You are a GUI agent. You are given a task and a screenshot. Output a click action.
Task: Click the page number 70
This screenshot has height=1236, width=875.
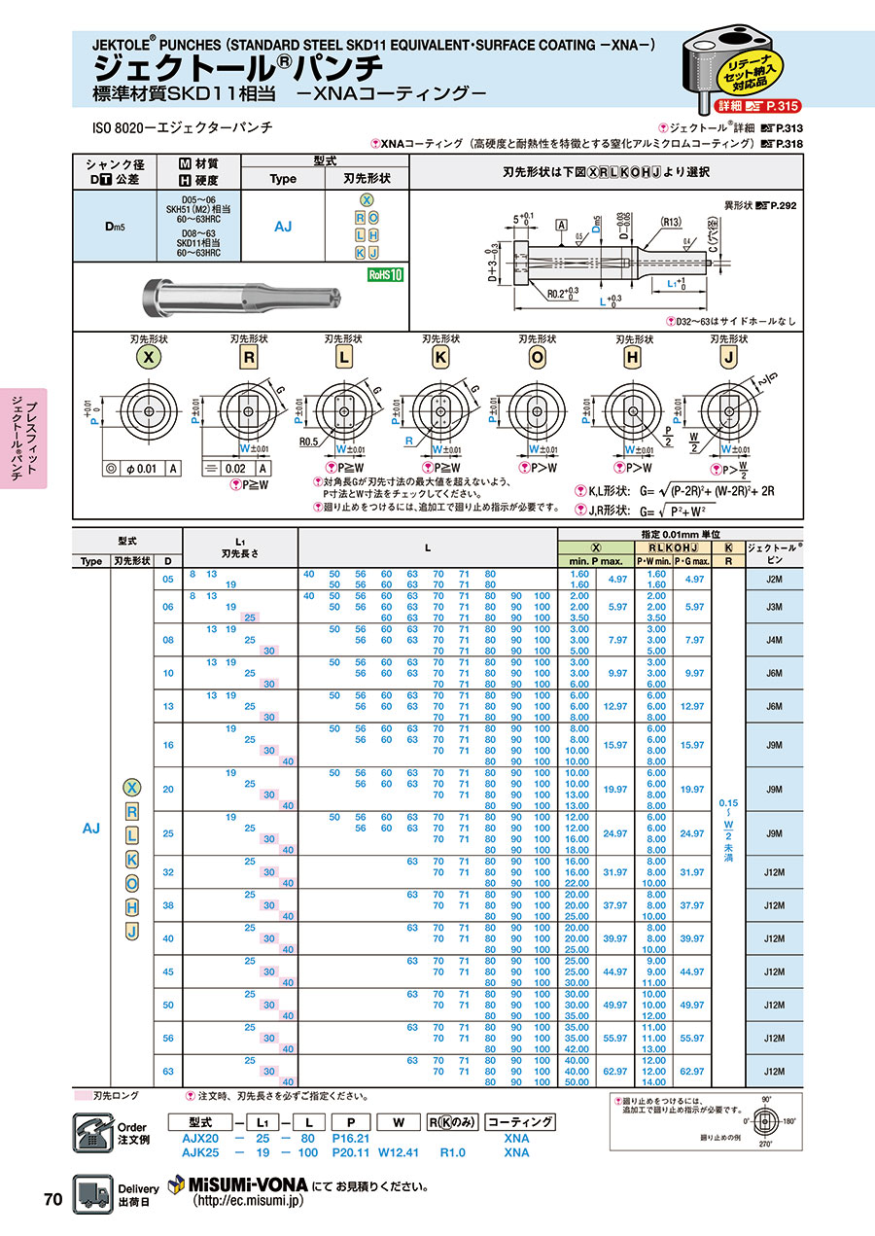click(x=52, y=1199)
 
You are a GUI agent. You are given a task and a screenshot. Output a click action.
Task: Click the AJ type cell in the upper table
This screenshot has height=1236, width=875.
click(x=283, y=226)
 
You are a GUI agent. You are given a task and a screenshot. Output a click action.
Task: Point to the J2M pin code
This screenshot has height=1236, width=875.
click(x=774, y=581)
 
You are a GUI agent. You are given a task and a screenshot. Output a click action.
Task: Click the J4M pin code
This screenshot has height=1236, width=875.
click(x=774, y=640)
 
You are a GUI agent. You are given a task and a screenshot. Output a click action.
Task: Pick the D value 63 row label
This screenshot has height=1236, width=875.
click(x=169, y=1071)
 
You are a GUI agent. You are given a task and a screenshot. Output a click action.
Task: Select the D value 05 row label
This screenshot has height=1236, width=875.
click(x=169, y=581)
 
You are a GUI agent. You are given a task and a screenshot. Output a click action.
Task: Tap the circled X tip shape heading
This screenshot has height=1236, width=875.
click(x=148, y=357)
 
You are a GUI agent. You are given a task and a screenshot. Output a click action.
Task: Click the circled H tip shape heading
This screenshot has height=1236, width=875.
click(x=633, y=357)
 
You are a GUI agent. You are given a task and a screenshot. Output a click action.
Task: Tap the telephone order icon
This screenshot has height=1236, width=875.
click(x=92, y=1132)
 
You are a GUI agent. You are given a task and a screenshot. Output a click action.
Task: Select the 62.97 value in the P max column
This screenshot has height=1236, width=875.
click(x=616, y=1071)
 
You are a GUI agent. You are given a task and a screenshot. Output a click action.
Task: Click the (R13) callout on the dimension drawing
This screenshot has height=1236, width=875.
click(x=671, y=220)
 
